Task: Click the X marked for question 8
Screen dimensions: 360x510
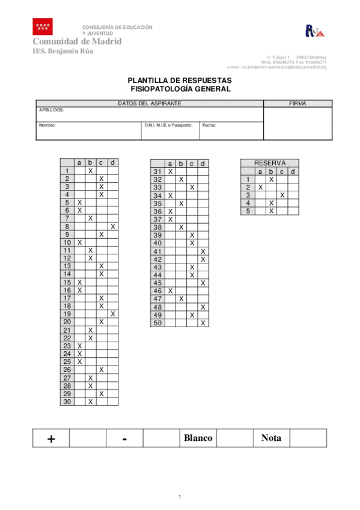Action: tap(113, 227)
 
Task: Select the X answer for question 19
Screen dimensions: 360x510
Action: tap(113, 314)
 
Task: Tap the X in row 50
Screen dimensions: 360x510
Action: tap(203, 323)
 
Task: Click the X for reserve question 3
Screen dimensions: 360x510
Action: tap(282, 195)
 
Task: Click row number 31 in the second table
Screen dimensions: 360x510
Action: tap(158, 172)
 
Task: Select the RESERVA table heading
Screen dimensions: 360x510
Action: tap(269, 163)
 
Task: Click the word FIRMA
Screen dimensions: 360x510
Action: tap(297, 103)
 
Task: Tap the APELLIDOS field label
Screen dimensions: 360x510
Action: tap(52, 111)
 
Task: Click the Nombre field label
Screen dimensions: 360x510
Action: tap(47, 126)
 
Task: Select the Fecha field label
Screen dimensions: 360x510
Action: tap(209, 126)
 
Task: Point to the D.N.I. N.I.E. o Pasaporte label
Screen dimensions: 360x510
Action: tap(168, 126)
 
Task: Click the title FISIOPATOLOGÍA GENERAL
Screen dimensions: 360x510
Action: tap(180, 89)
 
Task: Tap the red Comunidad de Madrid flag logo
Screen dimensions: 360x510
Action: tap(43, 26)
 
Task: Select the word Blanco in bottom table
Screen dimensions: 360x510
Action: tap(197, 438)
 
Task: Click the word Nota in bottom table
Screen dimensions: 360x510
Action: tap(271, 438)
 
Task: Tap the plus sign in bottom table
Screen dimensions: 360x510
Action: tap(51, 438)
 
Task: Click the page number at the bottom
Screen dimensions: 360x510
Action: tap(180, 497)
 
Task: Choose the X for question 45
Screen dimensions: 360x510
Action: tap(203, 283)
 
